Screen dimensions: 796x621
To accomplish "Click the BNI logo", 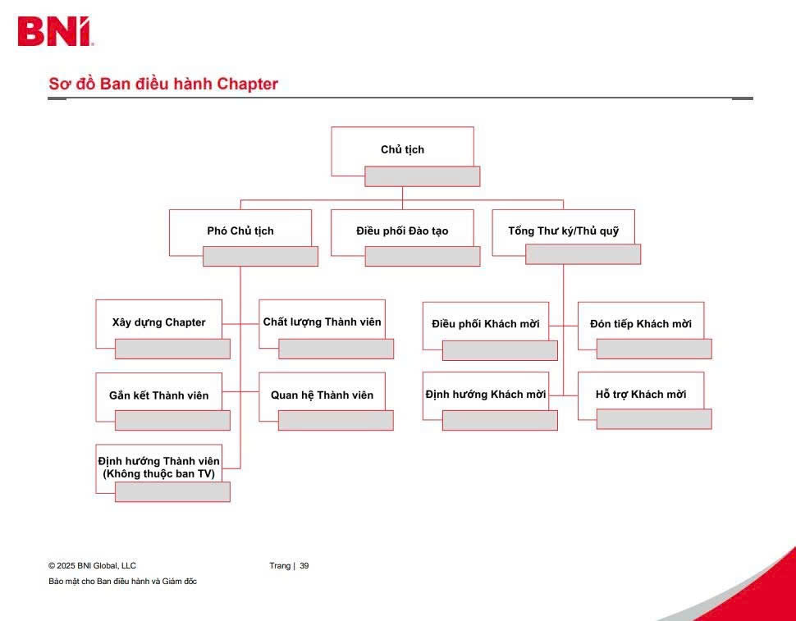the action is point(55,31).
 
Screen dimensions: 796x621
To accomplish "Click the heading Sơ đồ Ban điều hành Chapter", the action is point(163,84).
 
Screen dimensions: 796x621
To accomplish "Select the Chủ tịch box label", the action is point(403,149).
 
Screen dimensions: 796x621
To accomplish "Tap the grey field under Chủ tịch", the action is point(423,176).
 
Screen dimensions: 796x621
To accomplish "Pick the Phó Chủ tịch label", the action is point(240,231).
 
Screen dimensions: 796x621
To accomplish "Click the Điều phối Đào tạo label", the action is point(403,231).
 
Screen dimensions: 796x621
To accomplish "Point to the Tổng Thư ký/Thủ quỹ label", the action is point(564,231).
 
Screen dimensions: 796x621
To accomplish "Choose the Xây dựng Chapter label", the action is point(159,322).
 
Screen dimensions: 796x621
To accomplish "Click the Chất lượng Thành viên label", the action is point(322,322).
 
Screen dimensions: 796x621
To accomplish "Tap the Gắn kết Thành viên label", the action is point(159,395).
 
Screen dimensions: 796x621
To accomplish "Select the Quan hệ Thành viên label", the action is point(322,395).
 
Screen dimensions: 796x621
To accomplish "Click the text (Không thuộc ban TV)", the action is point(159,474).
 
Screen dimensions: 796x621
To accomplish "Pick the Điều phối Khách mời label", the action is point(486,324).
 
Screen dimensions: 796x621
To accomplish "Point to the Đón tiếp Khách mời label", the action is point(641,324).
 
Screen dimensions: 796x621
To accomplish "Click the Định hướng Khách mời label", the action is point(486,395).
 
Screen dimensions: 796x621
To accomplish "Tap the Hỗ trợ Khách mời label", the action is point(641,395).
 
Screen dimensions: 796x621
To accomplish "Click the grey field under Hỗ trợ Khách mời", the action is point(654,419).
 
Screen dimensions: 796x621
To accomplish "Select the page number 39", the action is point(304,566).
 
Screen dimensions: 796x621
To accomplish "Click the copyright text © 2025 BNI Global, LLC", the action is point(93,566).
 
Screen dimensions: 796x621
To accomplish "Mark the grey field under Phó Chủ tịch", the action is point(260,256).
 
